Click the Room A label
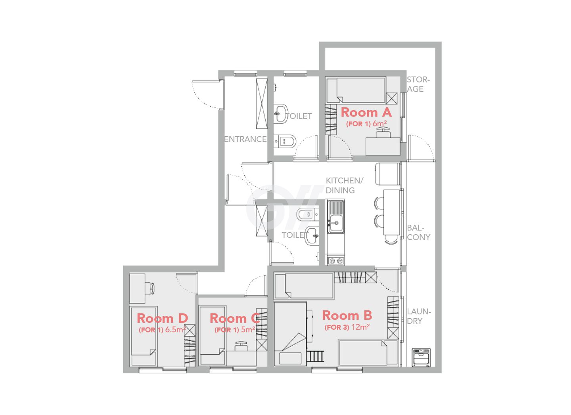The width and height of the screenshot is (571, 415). [366, 112]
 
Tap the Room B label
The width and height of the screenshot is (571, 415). [347, 316]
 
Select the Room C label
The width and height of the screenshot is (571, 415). [234, 318]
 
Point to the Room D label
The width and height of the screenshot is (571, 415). [163, 318]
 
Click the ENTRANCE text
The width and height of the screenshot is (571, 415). [245, 140]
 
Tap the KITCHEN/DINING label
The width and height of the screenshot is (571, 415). [344, 186]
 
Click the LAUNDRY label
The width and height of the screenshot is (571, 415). [419, 316]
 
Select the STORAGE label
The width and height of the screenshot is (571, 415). [418, 84]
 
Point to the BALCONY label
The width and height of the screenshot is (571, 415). [419, 233]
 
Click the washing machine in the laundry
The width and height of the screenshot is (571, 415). [421, 358]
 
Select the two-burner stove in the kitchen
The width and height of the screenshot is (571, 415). [336, 261]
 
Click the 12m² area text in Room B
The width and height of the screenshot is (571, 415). [361, 327]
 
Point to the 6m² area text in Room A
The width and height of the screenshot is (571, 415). [379, 124]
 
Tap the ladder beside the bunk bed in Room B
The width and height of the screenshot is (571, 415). [315, 357]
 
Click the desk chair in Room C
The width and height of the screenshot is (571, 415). [241, 346]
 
